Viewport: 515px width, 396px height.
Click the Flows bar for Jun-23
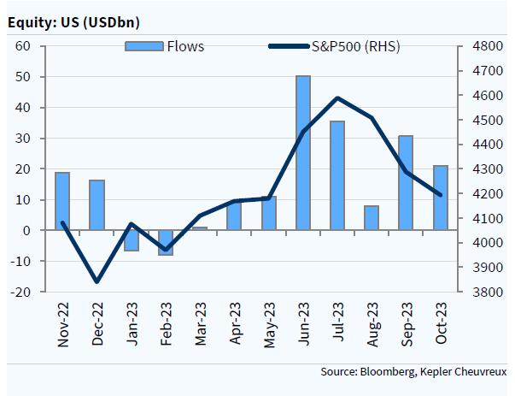(x=303, y=153)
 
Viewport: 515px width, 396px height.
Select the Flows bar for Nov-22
(x=62, y=201)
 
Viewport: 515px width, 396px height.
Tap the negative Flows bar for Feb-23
(x=166, y=242)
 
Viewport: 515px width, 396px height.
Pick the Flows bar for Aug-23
(x=372, y=218)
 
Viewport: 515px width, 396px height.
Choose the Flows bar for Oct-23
(x=441, y=198)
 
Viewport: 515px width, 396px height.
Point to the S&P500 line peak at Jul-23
(x=337, y=98)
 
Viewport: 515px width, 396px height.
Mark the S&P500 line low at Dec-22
(x=97, y=281)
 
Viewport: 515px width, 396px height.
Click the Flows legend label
(x=185, y=46)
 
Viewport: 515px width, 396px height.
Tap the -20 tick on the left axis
(x=22, y=292)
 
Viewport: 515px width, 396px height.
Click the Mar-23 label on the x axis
(x=200, y=325)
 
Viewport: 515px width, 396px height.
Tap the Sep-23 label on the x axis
(x=406, y=325)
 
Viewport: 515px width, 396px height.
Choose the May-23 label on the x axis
(x=268, y=325)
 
